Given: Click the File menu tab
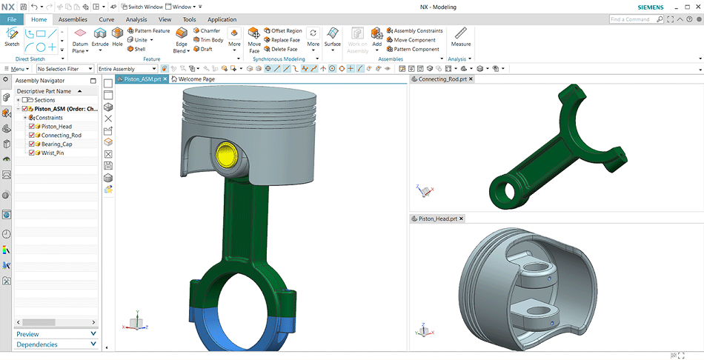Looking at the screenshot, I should [x=12, y=19].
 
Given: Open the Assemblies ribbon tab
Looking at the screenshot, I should [x=73, y=19].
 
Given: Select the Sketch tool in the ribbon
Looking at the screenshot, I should [x=12, y=37].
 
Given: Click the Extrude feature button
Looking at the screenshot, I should [x=100, y=38].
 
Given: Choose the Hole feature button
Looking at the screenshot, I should [x=118, y=38].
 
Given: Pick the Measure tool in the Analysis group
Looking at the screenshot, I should [x=461, y=37].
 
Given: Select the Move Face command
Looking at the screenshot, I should [x=254, y=39].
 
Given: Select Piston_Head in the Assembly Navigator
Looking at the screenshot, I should [x=56, y=127].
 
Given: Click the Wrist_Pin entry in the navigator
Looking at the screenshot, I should [x=53, y=153].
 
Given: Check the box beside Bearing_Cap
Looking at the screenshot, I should [x=31, y=144].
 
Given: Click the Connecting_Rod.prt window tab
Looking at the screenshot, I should [x=442, y=79].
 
